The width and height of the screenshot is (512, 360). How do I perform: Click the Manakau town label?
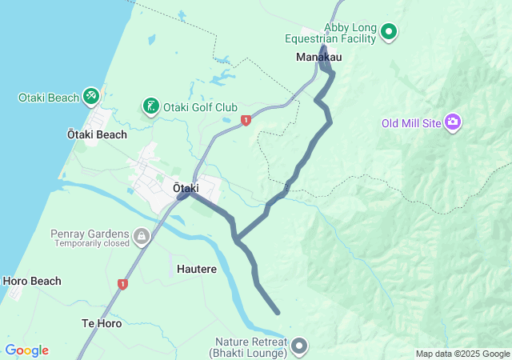pos(319,58)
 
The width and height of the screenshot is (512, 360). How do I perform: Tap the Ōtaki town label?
pos(186,187)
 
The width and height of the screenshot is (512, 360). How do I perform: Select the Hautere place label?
pos(197,270)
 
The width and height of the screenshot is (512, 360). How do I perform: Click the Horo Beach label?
pos(32,282)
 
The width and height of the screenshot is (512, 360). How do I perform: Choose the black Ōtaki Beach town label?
pos(97,134)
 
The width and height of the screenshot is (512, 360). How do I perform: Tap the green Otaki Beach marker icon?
pos(91,98)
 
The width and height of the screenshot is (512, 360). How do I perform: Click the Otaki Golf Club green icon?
pos(150,106)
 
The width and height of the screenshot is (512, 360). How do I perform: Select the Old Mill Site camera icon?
pos(453,122)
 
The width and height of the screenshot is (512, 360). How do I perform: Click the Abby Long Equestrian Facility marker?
pos(389,32)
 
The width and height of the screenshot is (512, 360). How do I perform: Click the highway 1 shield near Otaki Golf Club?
pos(246,120)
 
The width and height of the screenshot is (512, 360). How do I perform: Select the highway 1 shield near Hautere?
pos(122,284)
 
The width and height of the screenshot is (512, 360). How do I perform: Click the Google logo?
pos(26,350)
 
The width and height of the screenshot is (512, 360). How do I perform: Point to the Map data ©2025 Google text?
pos(462,354)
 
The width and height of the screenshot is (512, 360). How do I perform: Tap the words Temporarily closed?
pos(91,243)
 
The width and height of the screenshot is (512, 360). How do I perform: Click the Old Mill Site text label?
pos(411,123)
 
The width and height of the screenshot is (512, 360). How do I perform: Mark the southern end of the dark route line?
pos(278,312)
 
